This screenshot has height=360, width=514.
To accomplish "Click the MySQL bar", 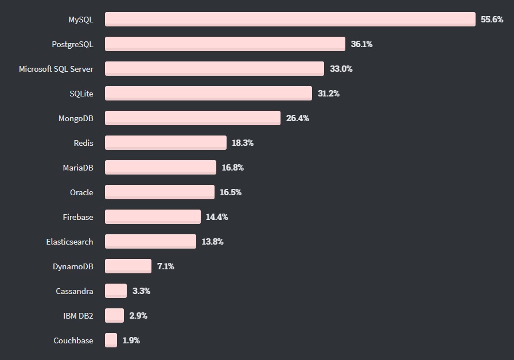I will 290,20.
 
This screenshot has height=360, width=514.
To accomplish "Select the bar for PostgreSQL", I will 225,44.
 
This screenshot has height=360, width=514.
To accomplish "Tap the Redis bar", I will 166,143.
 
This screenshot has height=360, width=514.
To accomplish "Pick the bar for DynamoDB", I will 128,266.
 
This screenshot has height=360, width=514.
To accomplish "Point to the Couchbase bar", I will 111,340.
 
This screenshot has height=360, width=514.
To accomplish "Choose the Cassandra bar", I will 116,291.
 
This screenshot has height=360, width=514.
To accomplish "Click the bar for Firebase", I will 153,217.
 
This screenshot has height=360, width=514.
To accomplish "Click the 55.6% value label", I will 492,20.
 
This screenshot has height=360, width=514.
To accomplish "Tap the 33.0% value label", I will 341,69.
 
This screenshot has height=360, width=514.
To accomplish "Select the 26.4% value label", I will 297,118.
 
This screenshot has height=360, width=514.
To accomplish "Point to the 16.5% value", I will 231,192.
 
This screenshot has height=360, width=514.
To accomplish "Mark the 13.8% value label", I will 212,242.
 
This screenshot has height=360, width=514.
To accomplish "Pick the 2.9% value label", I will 138,316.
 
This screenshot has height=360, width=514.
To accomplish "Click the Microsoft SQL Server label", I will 56,69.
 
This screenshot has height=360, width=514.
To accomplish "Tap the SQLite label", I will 81,94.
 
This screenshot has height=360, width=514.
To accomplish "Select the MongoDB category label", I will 76,118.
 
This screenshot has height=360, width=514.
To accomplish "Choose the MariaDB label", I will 78,168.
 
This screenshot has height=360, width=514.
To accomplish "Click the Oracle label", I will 81,192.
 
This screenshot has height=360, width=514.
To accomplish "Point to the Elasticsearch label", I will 69,242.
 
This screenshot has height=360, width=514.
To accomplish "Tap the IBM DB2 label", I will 78,316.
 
